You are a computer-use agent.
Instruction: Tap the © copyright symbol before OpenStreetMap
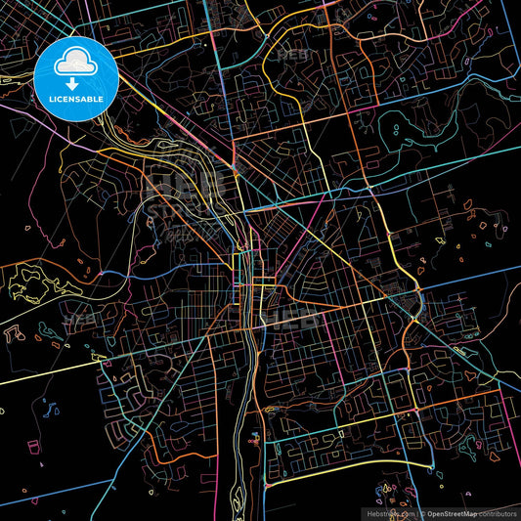(426, 511)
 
